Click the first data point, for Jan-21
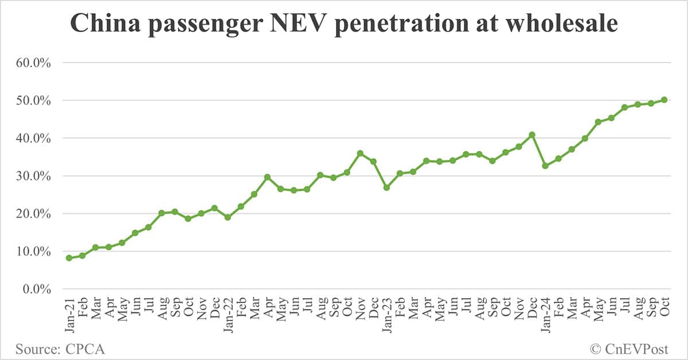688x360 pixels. pos(69,258)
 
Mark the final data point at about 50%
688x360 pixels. pos(664,100)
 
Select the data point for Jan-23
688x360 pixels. pos(386,187)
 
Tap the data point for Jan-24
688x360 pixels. pos(545,166)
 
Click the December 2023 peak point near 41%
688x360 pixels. pos(532,135)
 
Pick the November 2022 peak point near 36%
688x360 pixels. pos(360,153)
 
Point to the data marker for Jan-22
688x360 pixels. pos(228,217)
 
